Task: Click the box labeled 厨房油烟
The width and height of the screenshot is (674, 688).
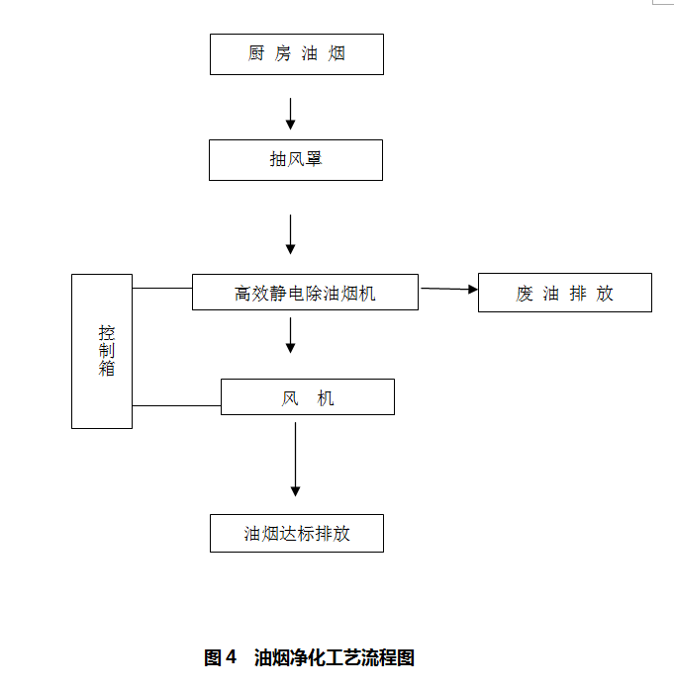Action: point(296,54)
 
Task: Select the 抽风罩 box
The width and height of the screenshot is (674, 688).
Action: point(295,159)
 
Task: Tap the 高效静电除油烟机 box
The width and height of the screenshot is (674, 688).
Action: point(305,293)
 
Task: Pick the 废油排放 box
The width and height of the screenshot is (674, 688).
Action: point(564,293)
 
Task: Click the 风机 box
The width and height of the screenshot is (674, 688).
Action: point(307,397)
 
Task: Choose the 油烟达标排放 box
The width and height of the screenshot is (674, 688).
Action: point(296,533)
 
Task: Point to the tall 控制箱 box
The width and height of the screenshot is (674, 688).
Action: point(102,351)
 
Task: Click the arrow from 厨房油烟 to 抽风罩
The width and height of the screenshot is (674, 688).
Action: point(290,113)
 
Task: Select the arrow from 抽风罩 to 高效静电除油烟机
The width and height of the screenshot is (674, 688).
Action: point(290,234)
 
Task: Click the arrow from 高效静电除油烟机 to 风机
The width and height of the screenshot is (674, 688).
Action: point(290,335)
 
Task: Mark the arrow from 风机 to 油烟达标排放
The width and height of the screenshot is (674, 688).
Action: point(295,460)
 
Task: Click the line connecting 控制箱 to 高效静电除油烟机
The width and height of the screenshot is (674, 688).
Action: point(161,289)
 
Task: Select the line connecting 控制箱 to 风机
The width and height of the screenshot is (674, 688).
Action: point(176,405)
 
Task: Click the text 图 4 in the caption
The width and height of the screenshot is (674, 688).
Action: point(220,657)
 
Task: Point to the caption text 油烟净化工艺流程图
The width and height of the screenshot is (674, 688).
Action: point(335,657)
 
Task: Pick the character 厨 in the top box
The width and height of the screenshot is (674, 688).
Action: point(256,54)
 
